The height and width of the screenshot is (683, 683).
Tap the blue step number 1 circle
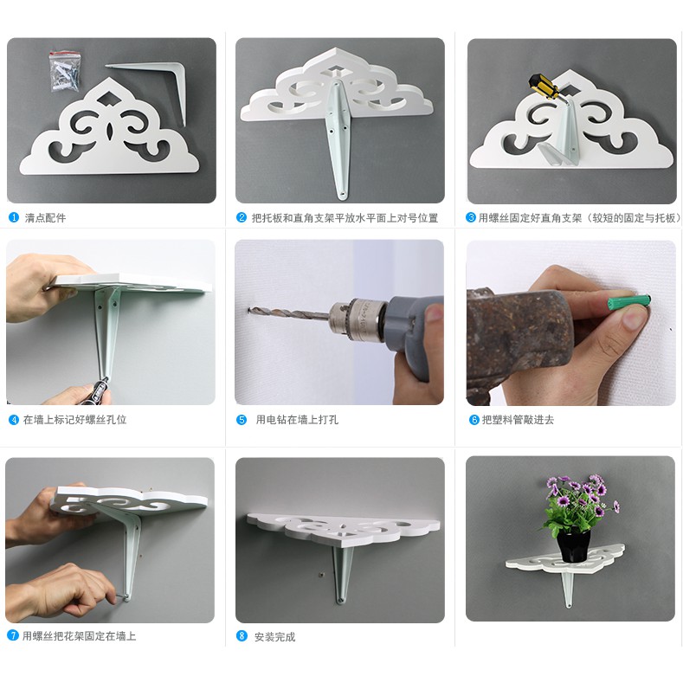click(x=14, y=217)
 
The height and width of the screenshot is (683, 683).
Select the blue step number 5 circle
click(x=242, y=420)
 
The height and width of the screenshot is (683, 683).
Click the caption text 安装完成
click(x=275, y=637)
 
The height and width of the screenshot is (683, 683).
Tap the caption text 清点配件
click(x=45, y=218)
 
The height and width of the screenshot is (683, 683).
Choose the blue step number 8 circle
click(x=242, y=636)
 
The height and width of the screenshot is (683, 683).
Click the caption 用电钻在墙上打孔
click(x=297, y=420)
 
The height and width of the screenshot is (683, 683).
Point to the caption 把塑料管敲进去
click(x=518, y=420)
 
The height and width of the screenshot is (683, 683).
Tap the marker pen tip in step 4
click(x=105, y=380)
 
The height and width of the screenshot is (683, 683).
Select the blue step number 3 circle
click(x=470, y=217)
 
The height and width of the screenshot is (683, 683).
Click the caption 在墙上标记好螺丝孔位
click(x=75, y=420)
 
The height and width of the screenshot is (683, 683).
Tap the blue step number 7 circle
click(x=13, y=635)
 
